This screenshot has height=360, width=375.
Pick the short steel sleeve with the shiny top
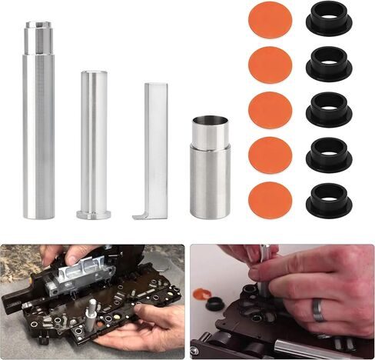(x=210, y=169)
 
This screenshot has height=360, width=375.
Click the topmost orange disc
(x=270, y=20)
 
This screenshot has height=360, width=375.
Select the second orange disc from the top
(x=270, y=65)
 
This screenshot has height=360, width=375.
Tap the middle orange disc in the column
(x=270, y=110)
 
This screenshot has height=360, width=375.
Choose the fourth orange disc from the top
(x=270, y=155)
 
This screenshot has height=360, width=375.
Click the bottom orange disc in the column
(x=270, y=200)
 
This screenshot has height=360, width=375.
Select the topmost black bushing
(x=329, y=20)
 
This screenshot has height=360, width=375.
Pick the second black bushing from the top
(x=329, y=65)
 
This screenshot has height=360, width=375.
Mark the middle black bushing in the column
(x=329, y=109)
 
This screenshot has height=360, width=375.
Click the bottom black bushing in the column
(x=329, y=199)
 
